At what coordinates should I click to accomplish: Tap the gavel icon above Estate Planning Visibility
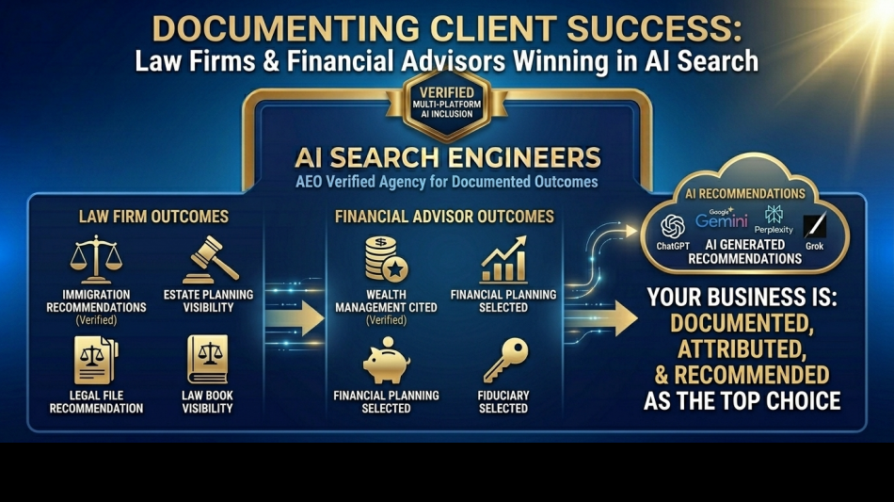coord(209,259)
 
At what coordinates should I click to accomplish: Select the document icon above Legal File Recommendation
coord(96,361)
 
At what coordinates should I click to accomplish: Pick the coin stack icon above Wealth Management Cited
coord(386,259)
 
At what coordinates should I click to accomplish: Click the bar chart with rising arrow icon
coord(503,261)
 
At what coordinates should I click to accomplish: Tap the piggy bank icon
coord(386,363)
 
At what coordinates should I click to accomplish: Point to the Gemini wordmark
coord(722,220)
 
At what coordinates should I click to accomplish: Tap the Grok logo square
coord(815,226)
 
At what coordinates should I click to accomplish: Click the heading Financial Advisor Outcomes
coord(444,217)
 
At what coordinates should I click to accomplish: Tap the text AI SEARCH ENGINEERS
coord(447,156)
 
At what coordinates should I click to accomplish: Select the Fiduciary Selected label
coord(503,402)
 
